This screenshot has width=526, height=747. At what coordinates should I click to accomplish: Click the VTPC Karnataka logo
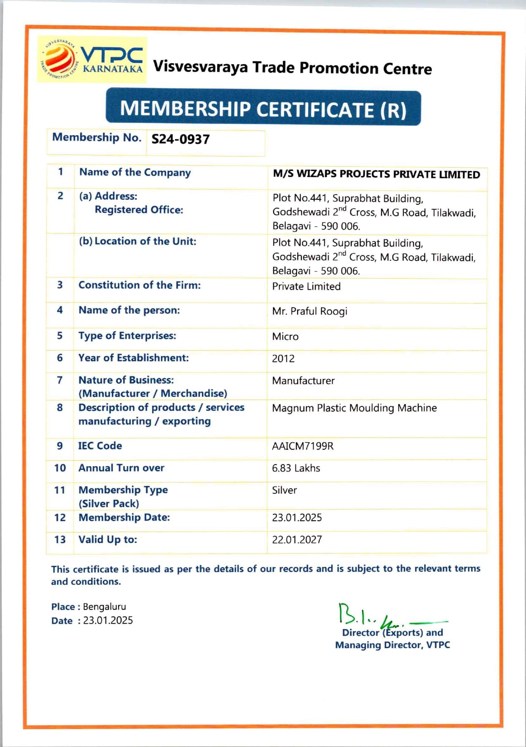click(x=92, y=60)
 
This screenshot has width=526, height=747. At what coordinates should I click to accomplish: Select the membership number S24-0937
click(x=180, y=139)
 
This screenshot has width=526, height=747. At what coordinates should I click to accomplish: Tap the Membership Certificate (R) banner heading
click(x=263, y=109)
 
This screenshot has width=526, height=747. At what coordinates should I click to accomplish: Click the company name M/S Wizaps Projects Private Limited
click(x=376, y=174)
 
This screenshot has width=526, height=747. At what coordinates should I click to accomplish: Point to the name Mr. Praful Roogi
click(x=309, y=312)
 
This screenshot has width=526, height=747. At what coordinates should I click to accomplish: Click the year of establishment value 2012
click(x=283, y=359)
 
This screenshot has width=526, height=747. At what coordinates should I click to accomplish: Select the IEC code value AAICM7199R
click(x=303, y=446)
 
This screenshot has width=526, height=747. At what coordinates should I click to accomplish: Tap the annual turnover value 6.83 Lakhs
click(x=296, y=468)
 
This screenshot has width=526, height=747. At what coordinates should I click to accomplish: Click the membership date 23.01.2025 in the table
click(x=297, y=518)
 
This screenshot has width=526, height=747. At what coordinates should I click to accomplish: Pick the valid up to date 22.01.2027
click(x=297, y=540)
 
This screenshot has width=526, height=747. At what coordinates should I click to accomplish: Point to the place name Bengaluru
click(x=104, y=607)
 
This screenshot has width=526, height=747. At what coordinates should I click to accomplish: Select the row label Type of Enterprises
click(x=127, y=336)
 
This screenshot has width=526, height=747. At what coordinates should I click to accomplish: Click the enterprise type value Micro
click(x=285, y=337)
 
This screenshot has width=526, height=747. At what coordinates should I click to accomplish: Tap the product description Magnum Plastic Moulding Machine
click(x=354, y=408)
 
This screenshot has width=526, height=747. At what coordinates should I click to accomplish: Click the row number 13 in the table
click(x=60, y=540)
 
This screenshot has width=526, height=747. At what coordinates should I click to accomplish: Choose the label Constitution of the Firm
click(x=139, y=285)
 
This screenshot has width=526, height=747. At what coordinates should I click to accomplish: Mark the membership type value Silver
click(x=284, y=490)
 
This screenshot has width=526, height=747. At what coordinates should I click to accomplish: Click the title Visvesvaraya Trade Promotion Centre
click(x=292, y=68)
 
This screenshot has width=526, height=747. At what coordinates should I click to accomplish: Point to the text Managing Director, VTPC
click(x=392, y=645)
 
